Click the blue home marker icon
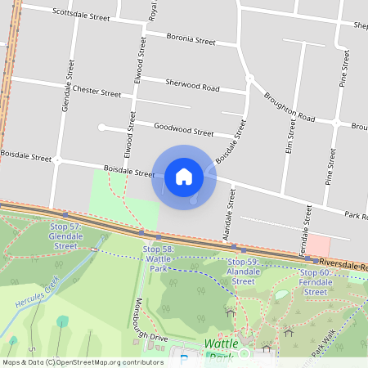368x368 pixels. (184, 177)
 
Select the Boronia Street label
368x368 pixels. (191, 38)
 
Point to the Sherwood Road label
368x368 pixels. (192, 84)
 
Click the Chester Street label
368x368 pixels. (96, 92)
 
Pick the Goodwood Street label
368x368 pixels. (184, 130)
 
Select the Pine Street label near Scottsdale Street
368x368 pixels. (346, 65)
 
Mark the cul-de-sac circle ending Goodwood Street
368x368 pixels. (101, 127)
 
